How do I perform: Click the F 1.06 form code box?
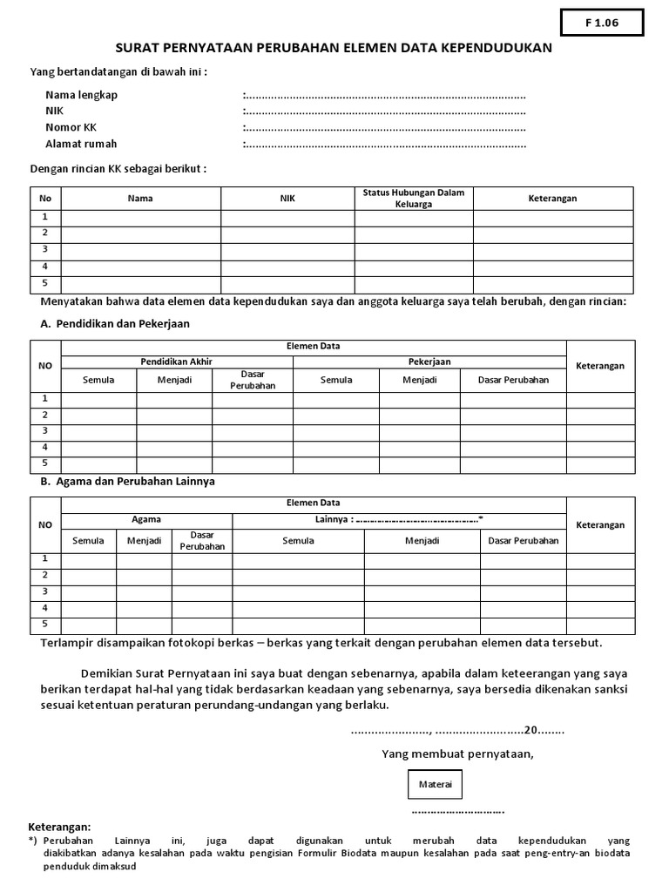pyautogui.click(x=601, y=23)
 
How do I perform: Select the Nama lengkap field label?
pyautogui.click(x=81, y=95)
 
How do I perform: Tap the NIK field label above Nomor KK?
pyautogui.click(x=54, y=111)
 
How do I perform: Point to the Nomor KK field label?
pyautogui.click(x=71, y=127)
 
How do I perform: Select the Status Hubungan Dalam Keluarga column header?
pyautogui.click(x=414, y=199)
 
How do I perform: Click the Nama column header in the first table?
pyautogui.click(x=140, y=199)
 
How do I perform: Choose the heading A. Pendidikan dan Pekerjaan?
pyautogui.click(x=115, y=323)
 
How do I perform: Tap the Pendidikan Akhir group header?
pyautogui.click(x=177, y=362)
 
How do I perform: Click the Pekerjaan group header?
pyautogui.click(x=429, y=362)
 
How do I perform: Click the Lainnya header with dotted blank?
pyautogui.click(x=399, y=519)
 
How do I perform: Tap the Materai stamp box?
pyautogui.click(x=436, y=785)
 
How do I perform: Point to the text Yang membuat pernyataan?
pyautogui.click(x=458, y=753)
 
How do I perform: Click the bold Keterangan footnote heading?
pyautogui.click(x=59, y=827)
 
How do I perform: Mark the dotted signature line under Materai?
pyautogui.click(x=458, y=811)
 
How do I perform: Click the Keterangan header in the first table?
pyautogui.click(x=552, y=199)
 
